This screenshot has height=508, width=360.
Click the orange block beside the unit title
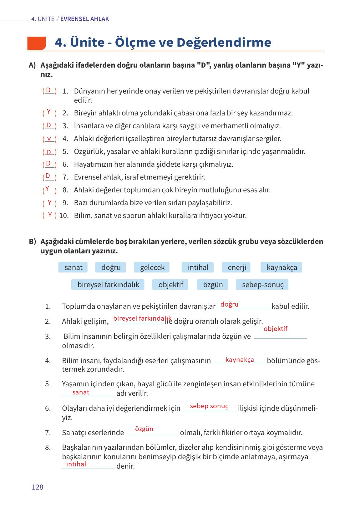coord(37,43)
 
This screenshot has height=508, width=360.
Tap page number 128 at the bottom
coord(38,487)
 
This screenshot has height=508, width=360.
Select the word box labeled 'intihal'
coord(198,267)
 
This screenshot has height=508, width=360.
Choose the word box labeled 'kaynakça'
coord(281,267)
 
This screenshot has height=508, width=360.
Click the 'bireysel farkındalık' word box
coord(108,285)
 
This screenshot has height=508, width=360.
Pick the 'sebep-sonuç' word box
coord(262,285)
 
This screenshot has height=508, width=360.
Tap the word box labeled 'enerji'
coord(237,267)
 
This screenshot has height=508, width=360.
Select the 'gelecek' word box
coord(152,267)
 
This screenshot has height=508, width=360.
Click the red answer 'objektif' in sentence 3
coord(275,329)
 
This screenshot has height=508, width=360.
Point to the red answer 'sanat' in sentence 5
coord(81,392)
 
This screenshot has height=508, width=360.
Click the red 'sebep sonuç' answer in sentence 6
coord(209,406)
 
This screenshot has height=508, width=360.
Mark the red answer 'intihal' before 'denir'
coord(76,464)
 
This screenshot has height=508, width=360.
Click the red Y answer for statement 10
coord(50,215)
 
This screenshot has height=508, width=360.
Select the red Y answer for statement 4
coord(49,139)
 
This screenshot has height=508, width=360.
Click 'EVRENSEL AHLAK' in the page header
coord(84,19)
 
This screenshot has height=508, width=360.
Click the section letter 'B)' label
coord(33,242)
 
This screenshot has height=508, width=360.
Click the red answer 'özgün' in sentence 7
coord(144,429)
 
